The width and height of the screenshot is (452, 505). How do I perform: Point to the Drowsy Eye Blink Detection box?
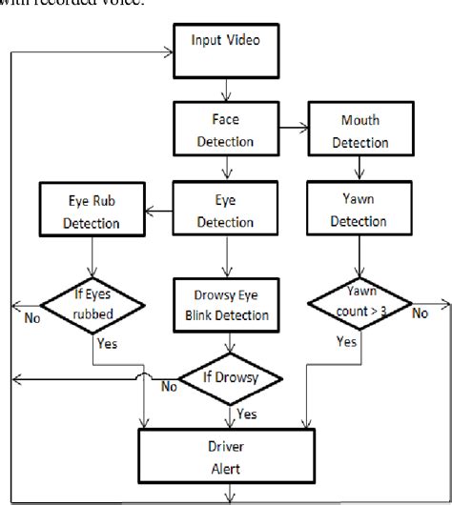[225, 302]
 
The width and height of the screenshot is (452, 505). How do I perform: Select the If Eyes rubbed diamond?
[93, 306]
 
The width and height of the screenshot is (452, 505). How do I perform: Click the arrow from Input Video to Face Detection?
[225, 89]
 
